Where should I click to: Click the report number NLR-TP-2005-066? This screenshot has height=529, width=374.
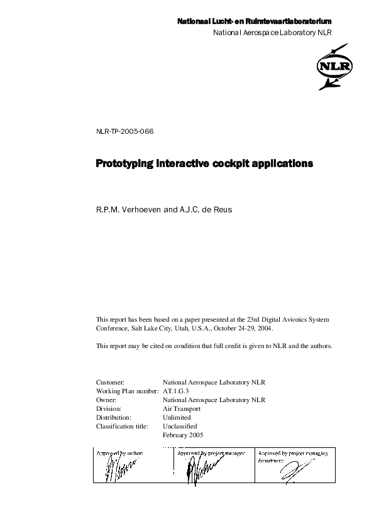point(124,131)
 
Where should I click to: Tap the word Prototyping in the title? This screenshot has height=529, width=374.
point(124,164)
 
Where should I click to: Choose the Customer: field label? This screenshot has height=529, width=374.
point(111,382)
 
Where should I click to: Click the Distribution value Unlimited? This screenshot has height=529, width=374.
point(176,417)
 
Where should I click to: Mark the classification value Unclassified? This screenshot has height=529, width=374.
point(180,426)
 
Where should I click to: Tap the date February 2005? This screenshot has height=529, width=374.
point(183,435)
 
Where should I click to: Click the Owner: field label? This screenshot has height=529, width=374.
point(106,400)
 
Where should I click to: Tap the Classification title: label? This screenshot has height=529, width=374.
point(122,426)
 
